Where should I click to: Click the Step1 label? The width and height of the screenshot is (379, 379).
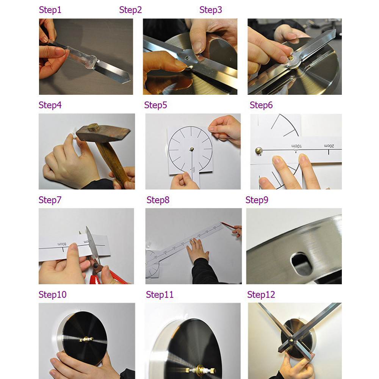tap(50, 10)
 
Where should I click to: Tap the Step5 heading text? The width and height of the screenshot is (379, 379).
tap(155, 105)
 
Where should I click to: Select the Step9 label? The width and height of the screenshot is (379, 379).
tap(257, 200)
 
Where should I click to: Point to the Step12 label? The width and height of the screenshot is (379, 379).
tap(261, 294)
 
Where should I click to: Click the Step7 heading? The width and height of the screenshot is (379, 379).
tap(50, 200)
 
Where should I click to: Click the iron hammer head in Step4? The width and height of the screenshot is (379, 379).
tap(103, 133)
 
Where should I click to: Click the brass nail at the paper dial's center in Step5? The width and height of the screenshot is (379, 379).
tap(192, 149)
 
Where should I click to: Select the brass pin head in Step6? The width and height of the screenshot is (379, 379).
tap(259, 151)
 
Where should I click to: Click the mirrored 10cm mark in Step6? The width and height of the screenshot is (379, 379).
tap(297, 146)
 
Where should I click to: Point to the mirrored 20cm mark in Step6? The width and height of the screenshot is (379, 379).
tap(329, 146)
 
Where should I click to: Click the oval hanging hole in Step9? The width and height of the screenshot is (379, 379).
tap(301, 264)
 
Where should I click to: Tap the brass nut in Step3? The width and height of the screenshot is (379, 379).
tap(291, 58)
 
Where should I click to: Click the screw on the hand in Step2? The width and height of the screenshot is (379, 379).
tap(187, 58)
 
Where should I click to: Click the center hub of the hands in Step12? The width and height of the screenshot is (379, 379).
tap(291, 341)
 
